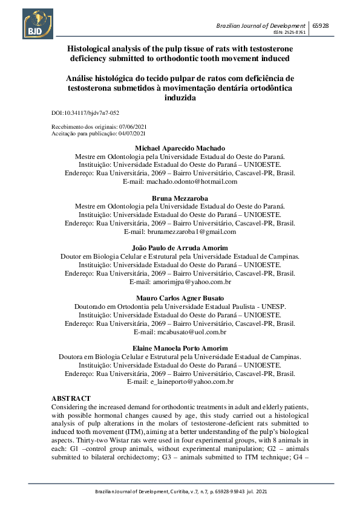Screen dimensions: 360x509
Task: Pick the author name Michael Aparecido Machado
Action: point(180,148)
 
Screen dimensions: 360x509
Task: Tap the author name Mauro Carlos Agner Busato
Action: point(180,299)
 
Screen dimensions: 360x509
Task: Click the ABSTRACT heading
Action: point(71,399)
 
